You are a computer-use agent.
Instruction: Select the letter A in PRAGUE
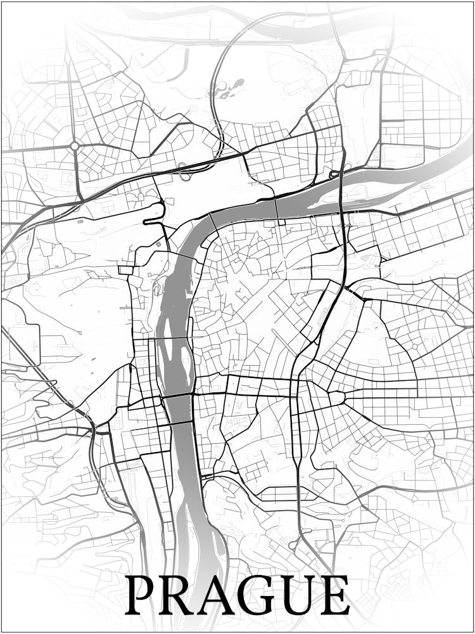coord(218,596)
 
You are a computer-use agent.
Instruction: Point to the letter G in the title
coord(260,596)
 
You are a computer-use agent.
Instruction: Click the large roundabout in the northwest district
coord(75,146)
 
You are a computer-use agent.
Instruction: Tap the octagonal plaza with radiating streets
coord(336,398)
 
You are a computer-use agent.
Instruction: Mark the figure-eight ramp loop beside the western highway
coord(183,170)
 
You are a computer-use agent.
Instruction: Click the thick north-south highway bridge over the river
coord(343,190)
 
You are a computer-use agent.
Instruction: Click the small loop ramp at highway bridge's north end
coord(334,173)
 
